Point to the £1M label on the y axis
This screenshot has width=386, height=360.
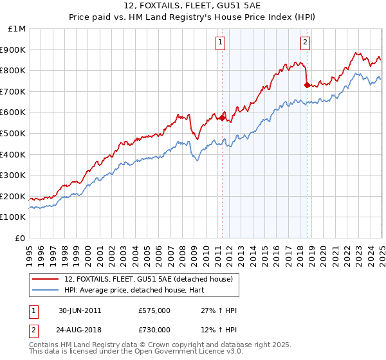point(16,28)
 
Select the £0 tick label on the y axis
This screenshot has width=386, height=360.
point(20,238)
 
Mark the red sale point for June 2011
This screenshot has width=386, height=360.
point(223,118)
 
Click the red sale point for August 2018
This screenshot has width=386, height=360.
point(307,85)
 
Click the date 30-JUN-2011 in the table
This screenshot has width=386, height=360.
point(79,310)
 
